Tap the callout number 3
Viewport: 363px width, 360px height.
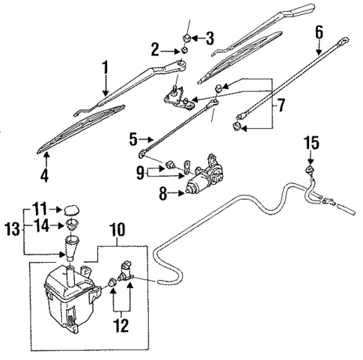210,37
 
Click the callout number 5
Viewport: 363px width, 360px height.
131,138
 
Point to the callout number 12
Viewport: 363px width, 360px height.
120,326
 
